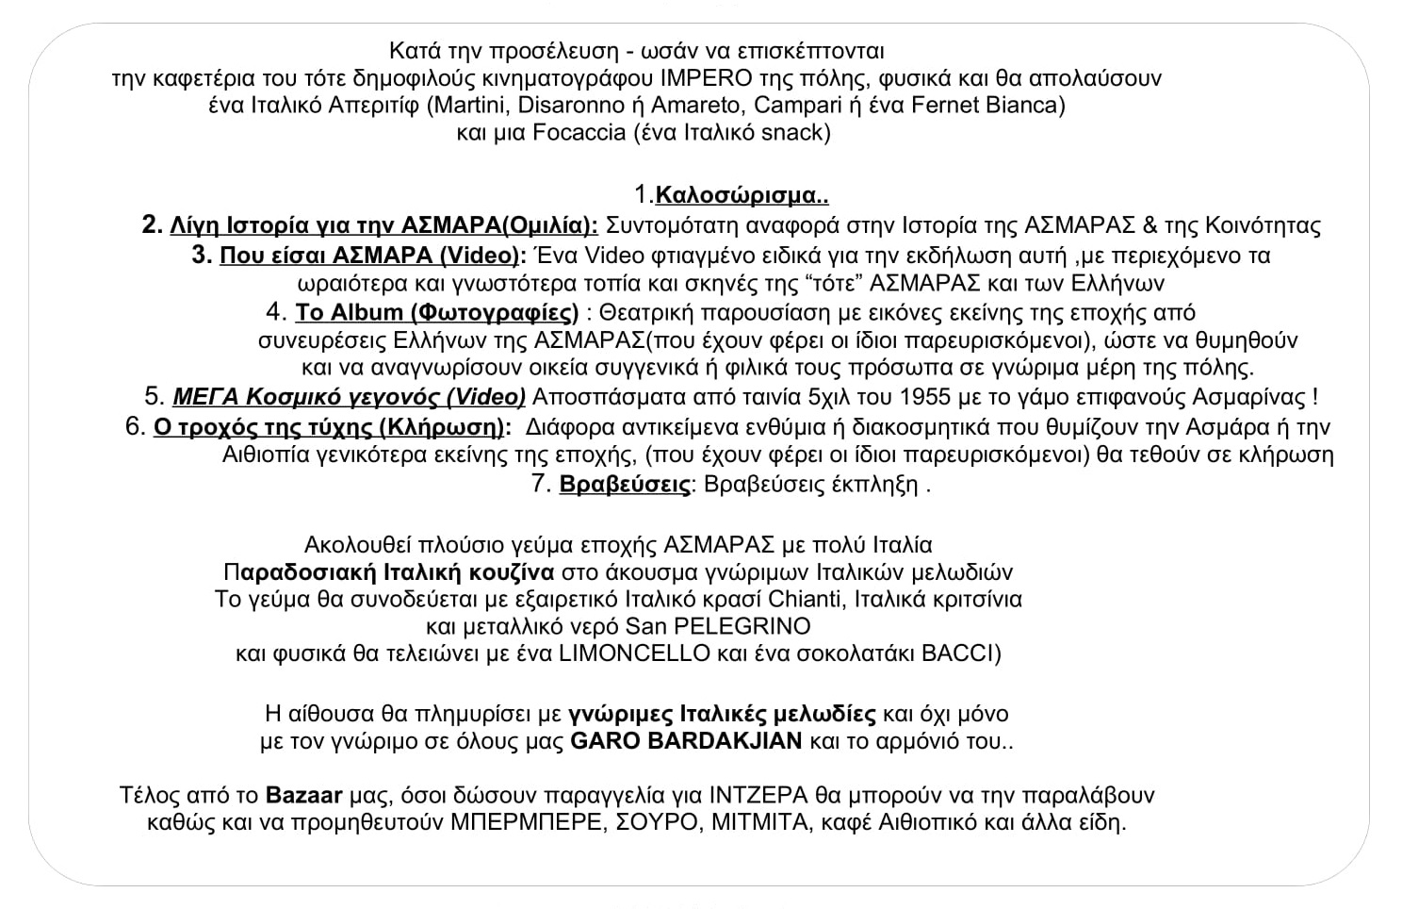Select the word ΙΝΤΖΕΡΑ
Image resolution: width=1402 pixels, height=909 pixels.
pyautogui.click(x=763, y=795)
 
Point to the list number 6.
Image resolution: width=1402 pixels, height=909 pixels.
pyautogui.click(x=134, y=427)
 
